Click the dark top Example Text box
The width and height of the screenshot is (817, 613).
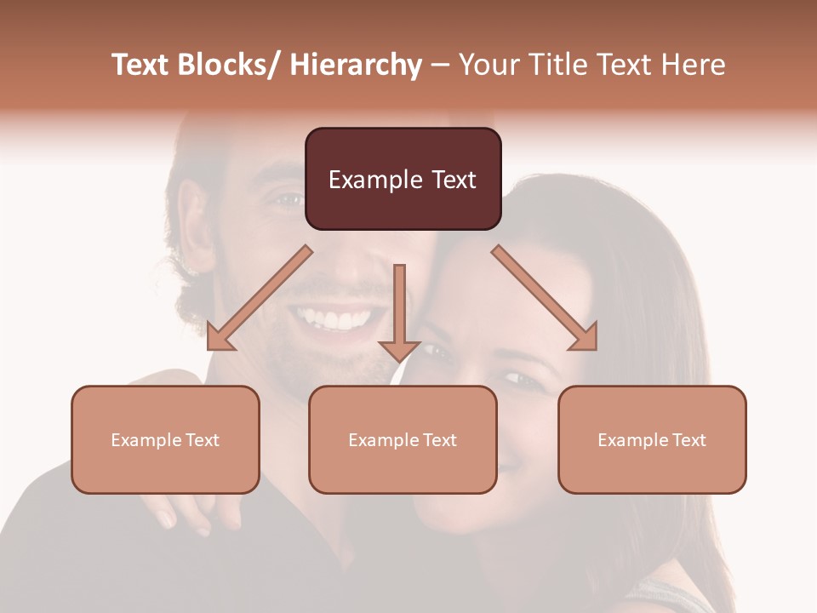pos(403,179)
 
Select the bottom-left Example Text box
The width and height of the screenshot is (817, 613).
pos(165,439)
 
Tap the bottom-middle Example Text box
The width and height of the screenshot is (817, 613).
pos(403,439)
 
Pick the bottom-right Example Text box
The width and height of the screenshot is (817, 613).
pos(652,439)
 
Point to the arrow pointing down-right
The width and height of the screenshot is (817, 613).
pos(545,298)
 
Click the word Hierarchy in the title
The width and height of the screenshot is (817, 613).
pos(355,65)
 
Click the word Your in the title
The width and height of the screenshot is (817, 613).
pos(488,65)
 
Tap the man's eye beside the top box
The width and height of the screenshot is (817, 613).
pos(289,200)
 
